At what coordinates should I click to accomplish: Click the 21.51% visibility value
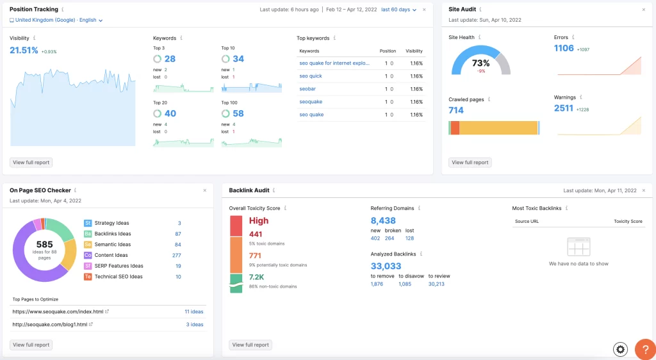24,50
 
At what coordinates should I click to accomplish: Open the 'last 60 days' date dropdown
398,10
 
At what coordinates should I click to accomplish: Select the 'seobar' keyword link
307,89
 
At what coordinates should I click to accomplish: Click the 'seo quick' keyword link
311,76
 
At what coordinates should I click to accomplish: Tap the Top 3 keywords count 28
170,59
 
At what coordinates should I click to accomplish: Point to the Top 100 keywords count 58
238,113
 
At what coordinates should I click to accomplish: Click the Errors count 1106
564,49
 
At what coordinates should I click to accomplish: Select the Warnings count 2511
564,108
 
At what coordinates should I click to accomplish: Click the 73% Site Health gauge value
481,63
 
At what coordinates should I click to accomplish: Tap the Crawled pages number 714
456,110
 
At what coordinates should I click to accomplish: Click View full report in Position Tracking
31,163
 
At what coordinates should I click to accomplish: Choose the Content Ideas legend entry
111,255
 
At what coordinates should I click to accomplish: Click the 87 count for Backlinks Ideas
177,234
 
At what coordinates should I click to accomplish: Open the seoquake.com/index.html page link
58,312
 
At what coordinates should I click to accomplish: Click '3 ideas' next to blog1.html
195,325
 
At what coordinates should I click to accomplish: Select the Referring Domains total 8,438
383,220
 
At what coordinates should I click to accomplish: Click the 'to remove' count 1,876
377,284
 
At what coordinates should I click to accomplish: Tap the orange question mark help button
644,349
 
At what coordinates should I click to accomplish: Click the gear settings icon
620,349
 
